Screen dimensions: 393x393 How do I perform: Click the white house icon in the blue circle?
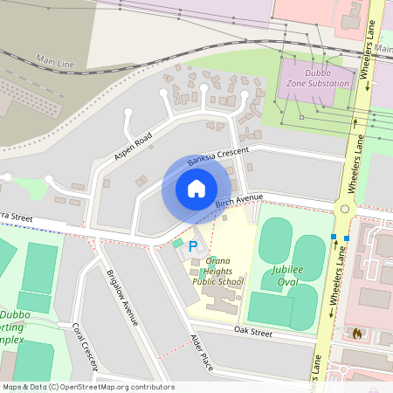pos(196,189)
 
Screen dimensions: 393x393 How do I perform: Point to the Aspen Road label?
pos(133,146)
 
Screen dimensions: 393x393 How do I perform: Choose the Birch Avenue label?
pos(238,203)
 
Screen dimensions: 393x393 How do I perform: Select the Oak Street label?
pos(256,332)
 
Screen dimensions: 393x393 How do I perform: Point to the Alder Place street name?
pos(201,351)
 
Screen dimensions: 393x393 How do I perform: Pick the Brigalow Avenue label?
pos(121,298)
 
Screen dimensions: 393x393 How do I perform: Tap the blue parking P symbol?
pos(192,246)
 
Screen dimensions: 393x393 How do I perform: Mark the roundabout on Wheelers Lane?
pos(345,209)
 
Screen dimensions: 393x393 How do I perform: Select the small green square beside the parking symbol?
pos(178,243)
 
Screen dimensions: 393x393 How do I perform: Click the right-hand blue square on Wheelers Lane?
pos(347,238)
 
